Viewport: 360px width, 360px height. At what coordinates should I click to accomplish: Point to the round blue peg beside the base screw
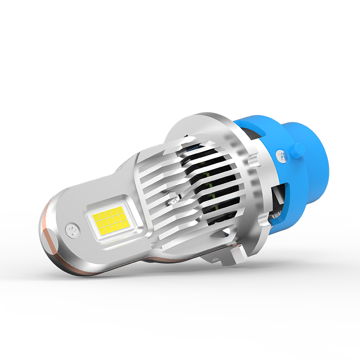pyautogui.click(x=297, y=149)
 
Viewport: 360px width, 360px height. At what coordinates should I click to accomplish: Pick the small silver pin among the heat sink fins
pyautogui.click(x=172, y=198)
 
